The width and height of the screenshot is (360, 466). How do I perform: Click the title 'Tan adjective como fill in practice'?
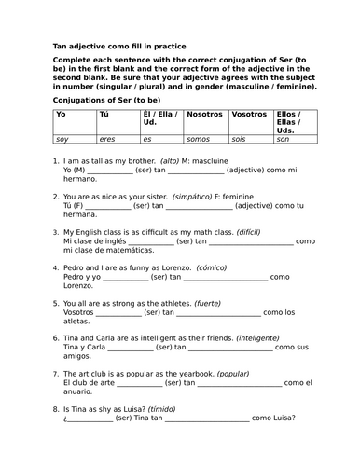click(118, 46)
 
